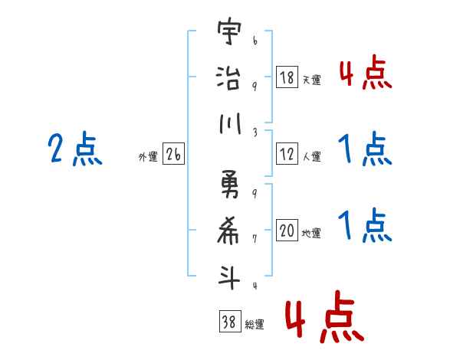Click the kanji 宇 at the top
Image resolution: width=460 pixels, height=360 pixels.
230,36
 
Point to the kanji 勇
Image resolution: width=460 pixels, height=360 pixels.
230,188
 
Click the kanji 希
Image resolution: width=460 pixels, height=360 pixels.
230,232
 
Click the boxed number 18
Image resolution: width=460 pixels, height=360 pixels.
287,77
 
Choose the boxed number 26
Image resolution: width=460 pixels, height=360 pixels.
173,155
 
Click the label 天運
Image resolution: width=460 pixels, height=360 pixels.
311,80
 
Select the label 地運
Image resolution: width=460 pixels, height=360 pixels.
311,234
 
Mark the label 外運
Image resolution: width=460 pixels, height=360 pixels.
148,157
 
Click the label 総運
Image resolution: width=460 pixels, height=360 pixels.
255,325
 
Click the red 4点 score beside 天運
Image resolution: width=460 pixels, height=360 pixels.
365,74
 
